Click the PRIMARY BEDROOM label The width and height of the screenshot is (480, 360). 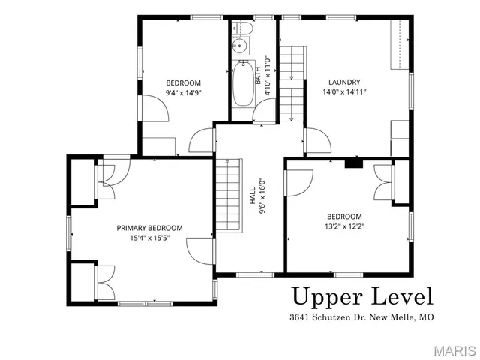pyautogui.click(x=149, y=228)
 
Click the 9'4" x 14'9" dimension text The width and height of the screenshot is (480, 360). pyautogui.click(x=183, y=93)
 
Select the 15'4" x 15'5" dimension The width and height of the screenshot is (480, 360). pyautogui.click(x=149, y=238)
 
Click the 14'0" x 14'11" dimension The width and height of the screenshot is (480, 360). pyautogui.click(x=344, y=93)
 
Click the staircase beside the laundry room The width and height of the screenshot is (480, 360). pyautogui.click(x=292, y=82)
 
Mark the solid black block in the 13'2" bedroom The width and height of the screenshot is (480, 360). pyautogui.click(x=353, y=162)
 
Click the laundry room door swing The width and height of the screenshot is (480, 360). pyautogui.click(x=316, y=139)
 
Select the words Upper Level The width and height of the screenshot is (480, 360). pyautogui.click(x=362, y=295)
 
